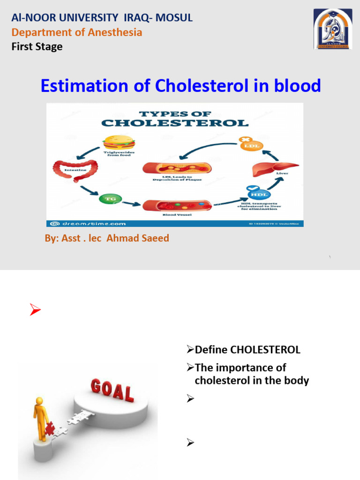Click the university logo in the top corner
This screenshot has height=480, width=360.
click(x=332, y=29)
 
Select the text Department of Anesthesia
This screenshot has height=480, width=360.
click(x=76, y=32)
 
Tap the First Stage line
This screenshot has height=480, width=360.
click(x=37, y=46)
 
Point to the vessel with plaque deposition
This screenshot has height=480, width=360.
click(x=177, y=168)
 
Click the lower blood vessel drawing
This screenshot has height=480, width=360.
click(x=177, y=205)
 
